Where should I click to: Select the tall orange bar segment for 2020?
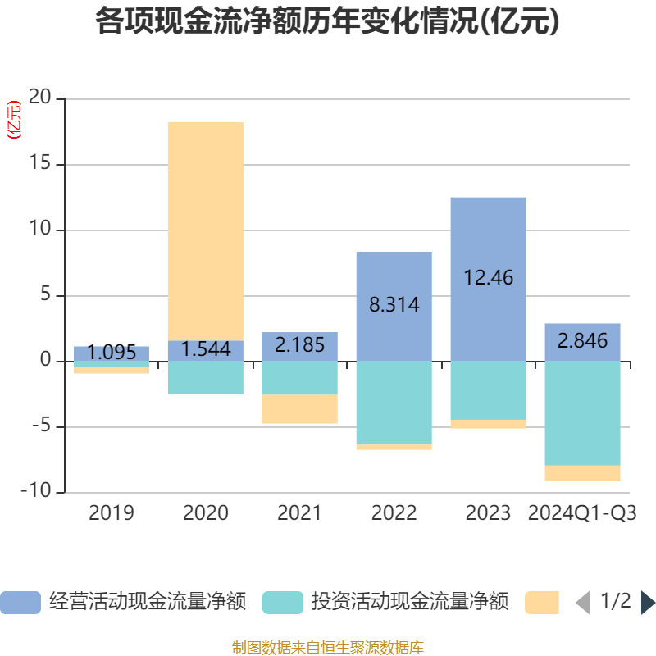pos(206,230)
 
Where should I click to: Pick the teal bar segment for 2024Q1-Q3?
pos(583,413)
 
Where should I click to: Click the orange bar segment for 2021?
pos(300,409)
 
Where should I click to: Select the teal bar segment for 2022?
pos(394,403)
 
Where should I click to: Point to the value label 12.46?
pos(489,278)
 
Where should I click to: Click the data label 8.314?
pos(394,305)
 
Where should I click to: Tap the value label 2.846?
pos(583,340)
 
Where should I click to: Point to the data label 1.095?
pos(112,353)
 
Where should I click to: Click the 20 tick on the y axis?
pos(40,99)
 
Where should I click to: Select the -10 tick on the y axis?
pos(36,493)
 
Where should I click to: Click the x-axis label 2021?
pos(300,514)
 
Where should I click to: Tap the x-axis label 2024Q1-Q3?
pos(583,514)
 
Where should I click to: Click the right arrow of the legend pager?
pos(648,603)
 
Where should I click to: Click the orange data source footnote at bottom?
pos(328,648)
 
